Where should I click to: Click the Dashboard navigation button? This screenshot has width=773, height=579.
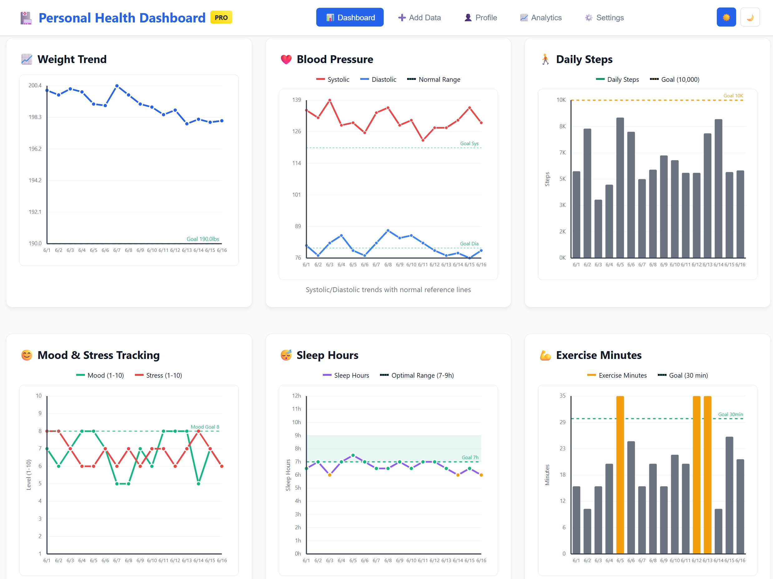click(x=349, y=17)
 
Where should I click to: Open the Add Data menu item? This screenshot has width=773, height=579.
click(x=419, y=17)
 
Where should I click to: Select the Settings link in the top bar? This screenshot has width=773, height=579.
click(x=604, y=17)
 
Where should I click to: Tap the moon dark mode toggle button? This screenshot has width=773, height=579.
click(x=750, y=17)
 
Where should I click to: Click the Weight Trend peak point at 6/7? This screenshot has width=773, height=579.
click(x=117, y=86)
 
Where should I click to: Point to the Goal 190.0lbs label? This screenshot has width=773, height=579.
click(x=203, y=239)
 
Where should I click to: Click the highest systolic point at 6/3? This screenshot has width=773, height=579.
click(x=330, y=100)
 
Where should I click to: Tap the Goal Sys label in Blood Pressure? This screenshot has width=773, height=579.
click(x=469, y=143)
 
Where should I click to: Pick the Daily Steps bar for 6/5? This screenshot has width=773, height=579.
click(x=620, y=189)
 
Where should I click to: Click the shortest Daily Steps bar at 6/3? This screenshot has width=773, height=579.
click(x=598, y=229)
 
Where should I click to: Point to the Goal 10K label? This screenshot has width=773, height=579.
click(x=733, y=96)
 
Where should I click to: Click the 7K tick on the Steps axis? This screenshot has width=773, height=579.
click(x=562, y=153)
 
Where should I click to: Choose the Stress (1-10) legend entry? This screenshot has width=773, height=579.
click(x=159, y=375)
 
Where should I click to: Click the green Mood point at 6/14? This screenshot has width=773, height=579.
click(x=199, y=483)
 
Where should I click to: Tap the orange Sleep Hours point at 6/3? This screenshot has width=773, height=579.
click(x=330, y=475)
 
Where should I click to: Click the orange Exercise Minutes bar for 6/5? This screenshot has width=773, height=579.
click(x=620, y=475)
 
